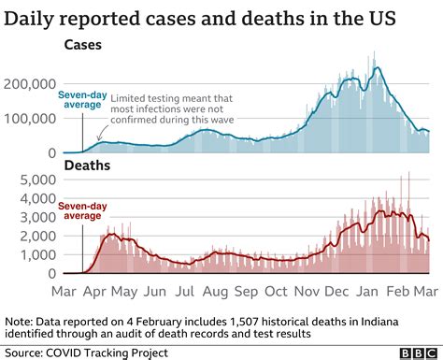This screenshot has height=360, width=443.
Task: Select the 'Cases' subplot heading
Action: (x=84, y=44)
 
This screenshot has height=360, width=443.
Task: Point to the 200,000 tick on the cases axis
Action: (x=30, y=83)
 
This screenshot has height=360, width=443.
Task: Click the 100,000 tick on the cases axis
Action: (x=30, y=119)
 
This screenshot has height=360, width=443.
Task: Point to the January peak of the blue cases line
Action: (x=377, y=68)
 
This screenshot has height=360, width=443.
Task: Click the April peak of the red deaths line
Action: (x=111, y=236)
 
